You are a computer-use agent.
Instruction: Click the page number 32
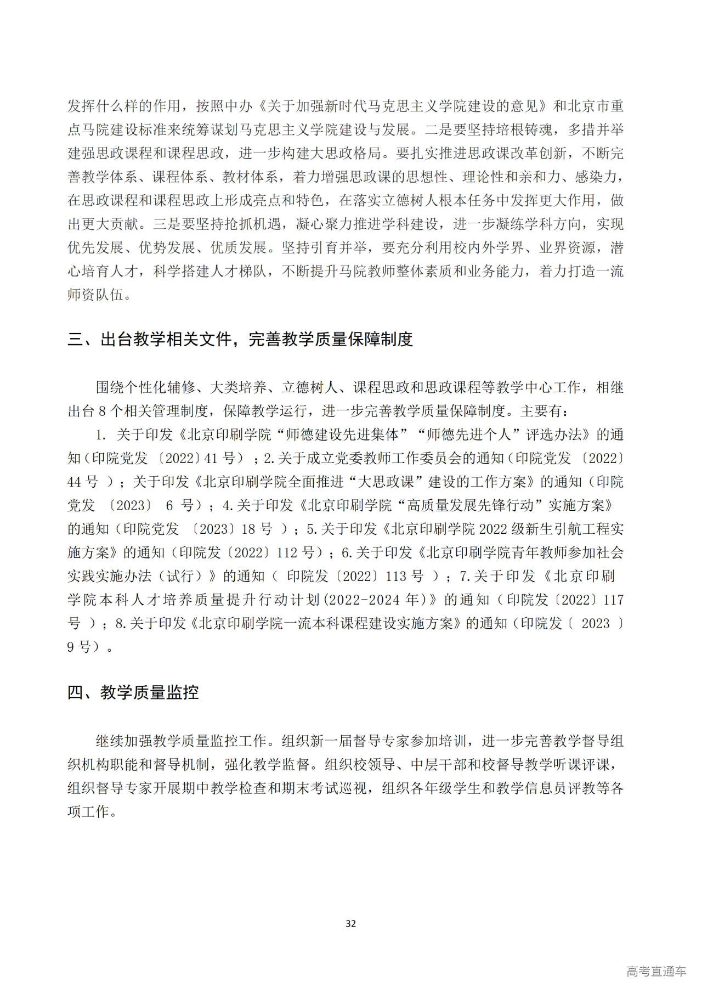351,923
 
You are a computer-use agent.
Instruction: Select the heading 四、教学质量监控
133,693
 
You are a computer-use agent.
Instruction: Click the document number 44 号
83,482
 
